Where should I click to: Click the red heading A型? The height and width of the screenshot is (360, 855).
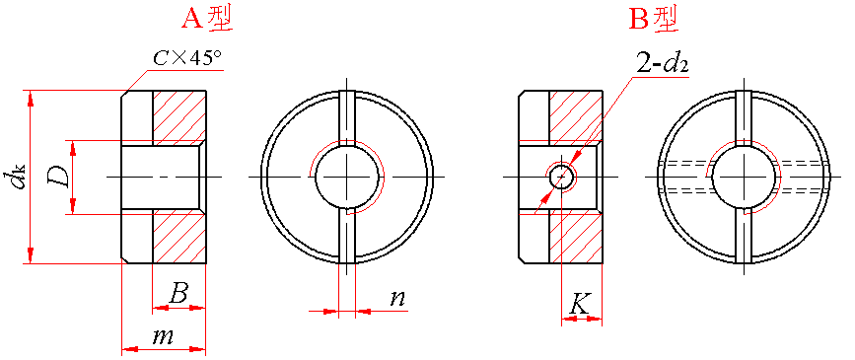(x=206, y=20)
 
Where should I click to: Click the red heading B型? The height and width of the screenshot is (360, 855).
(x=655, y=20)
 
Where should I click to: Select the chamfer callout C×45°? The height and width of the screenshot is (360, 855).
(x=186, y=59)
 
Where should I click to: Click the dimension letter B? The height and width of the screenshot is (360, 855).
(x=178, y=295)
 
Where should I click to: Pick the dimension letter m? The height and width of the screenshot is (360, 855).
(x=163, y=336)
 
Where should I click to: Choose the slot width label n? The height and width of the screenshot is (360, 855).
(x=398, y=298)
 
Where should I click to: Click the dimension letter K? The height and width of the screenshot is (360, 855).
(x=579, y=304)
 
